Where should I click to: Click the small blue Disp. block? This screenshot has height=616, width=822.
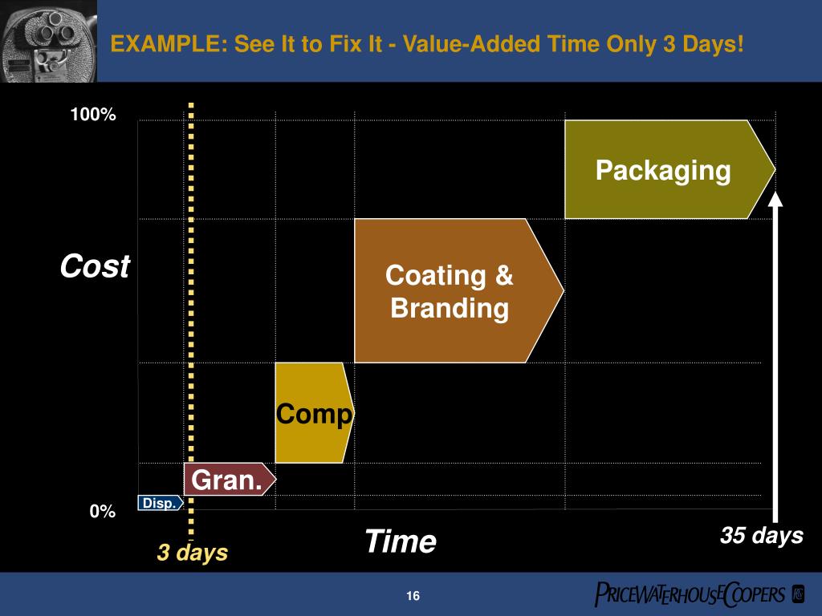pyautogui.click(x=159, y=503)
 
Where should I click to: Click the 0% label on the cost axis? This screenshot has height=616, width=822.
pyautogui.click(x=102, y=512)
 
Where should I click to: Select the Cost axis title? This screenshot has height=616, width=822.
pyautogui.click(x=95, y=266)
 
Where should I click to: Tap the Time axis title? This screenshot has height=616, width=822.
pyautogui.click(x=400, y=541)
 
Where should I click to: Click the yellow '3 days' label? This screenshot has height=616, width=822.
pyautogui.click(x=192, y=553)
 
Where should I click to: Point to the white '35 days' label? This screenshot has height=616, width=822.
pyautogui.click(x=761, y=536)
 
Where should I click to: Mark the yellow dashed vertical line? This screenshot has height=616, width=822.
pyautogui.click(x=191, y=321)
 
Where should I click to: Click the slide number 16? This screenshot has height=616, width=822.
pyautogui.click(x=413, y=596)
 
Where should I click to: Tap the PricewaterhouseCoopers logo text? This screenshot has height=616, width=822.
pyautogui.click(x=690, y=594)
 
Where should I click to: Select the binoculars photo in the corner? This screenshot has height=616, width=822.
pyautogui.click(x=48, y=40)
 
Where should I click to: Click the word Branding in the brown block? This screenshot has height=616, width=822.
pyautogui.click(x=450, y=308)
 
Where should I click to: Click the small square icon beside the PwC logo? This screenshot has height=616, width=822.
pyautogui.click(x=798, y=594)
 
